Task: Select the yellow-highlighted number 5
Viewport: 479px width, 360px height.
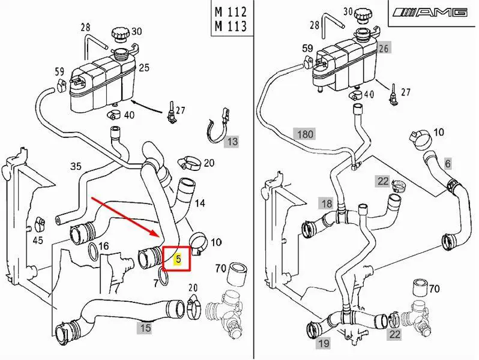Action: (x=178, y=259)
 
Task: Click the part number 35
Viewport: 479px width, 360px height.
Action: (x=76, y=166)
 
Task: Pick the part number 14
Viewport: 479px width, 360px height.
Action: (x=200, y=203)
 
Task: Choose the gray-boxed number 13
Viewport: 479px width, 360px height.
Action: (x=232, y=142)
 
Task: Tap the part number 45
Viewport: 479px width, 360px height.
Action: (x=37, y=241)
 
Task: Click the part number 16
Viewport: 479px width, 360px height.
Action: (x=103, y=245)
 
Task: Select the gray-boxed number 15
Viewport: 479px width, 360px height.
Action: (x=145, y=328)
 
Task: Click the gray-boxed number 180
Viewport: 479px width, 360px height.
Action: (x=305, y=134)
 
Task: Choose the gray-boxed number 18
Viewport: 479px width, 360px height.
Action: (x=326, y=203)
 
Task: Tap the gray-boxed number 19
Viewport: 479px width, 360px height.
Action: (x=324, y=343)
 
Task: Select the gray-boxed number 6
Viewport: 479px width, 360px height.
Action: (x=447, y=163)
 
